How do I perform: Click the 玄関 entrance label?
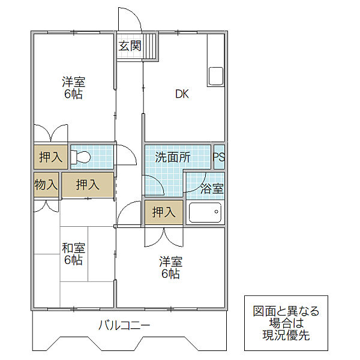[130, 46]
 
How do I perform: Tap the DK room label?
[182, 94]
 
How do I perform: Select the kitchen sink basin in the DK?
[216, 76]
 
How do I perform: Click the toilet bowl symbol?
[80, 157]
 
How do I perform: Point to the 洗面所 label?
[173, 157]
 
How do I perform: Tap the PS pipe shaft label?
[218, 157]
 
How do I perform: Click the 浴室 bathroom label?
[212, 188]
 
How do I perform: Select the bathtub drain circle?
[216, 212]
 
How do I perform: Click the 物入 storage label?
[46, 184]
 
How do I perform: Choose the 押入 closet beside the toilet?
[51, 157]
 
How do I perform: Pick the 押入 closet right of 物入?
[88, 185]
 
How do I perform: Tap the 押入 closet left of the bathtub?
[164, 212]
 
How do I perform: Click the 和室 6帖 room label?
[73, 254]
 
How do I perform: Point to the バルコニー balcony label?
[124, 325]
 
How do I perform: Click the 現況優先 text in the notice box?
[286, 335]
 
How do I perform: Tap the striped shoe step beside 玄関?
[151, 46]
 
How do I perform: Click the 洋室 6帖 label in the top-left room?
[73, 88]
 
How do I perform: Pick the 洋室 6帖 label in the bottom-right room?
[171, 268]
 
